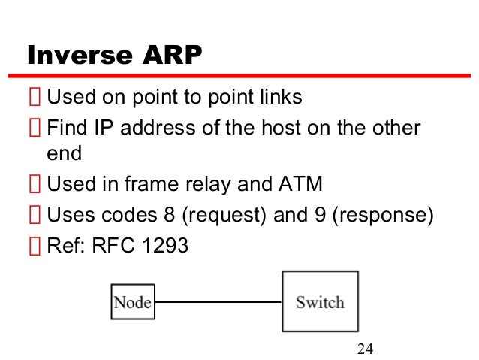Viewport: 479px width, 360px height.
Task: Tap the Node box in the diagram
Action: [132, 302]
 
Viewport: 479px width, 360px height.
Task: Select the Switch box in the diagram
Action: [320, 301]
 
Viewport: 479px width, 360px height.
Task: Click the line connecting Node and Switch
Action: [217, 302]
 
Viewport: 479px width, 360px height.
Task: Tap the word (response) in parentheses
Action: [382, 216]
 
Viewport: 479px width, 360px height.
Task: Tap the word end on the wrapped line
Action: [63, 154]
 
